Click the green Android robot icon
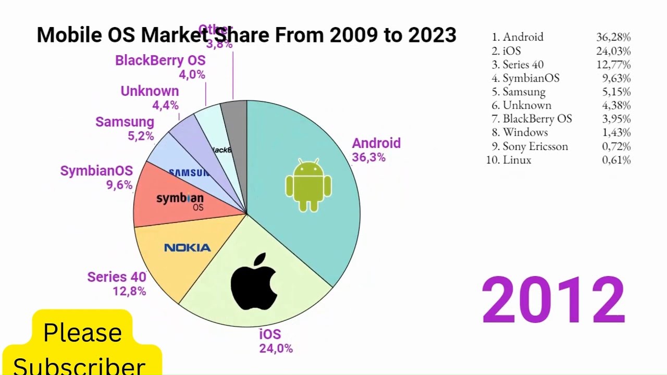pos(308,185)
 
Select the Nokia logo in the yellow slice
pos(188,248)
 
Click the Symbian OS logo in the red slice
pos(180,201)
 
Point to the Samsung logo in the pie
pos(189,173)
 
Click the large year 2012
pos(553,301)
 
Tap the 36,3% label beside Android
pos(369,158)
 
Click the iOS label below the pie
pos(270,334)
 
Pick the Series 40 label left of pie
pos(117,277)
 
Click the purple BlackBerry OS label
pos(160,61)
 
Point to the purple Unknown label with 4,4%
pos(150,91)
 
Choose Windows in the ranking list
pos(525,132)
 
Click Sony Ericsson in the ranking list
pos(535,146)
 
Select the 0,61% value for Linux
pos(616,160)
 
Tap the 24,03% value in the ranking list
pos(613,51)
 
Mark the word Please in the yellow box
pos(82,332)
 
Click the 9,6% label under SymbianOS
pos(119,185)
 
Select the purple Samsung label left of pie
pos(125,122)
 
